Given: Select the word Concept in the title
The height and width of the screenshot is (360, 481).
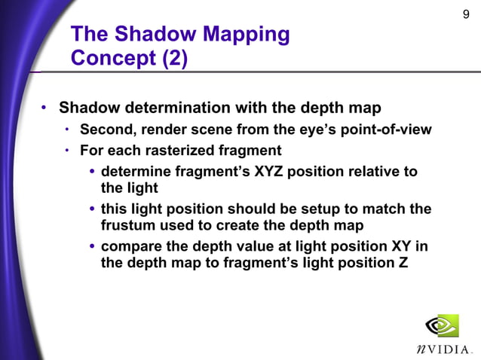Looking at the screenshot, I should pyautogui.click(x=112, y=58).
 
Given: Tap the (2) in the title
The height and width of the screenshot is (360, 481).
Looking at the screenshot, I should pyautogui.click(x=173, y=58).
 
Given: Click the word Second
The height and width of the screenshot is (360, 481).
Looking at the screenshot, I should pyautogui.click(x=105, y=130).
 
